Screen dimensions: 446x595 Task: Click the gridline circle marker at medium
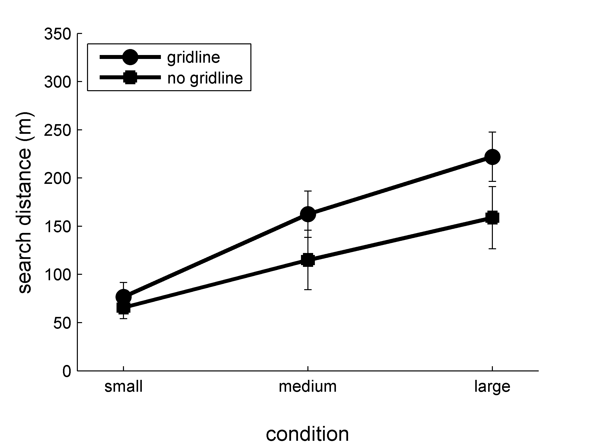tap(308, 214)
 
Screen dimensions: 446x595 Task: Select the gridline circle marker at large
tap(492, 157)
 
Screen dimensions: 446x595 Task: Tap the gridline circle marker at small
tap(123, 297)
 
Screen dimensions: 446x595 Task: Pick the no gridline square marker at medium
tap(308, 260)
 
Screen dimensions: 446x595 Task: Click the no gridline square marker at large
tap(492, 218)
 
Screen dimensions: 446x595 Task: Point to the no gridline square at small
tap(123, 308)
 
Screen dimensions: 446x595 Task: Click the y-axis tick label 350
tap(58, 34)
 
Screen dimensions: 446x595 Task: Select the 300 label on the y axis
tap(58, 82)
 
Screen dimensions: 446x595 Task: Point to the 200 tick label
tap(58, 178)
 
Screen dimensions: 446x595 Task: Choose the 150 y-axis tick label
tap(58, 227)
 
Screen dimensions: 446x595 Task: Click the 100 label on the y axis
tap(58, 275)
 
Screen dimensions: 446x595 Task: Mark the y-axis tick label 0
tap(67, 371)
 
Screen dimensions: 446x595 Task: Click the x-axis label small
tap(123, 387)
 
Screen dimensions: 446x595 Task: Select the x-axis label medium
tap(308, 387)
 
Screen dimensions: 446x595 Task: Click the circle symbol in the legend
tap(130, 57)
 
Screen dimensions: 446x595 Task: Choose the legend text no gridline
tap(205, 78)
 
